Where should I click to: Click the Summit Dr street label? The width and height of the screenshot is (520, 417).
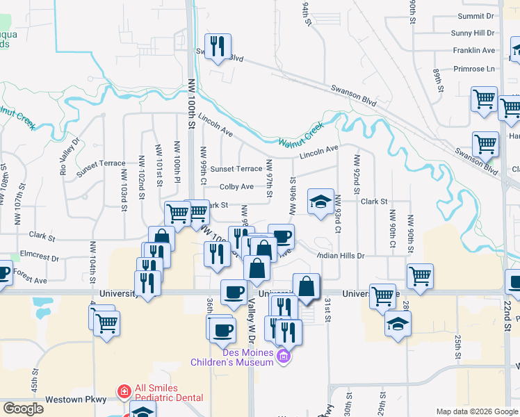tap(476, 15)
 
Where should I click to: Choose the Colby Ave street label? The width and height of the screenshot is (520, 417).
tap(236, 187)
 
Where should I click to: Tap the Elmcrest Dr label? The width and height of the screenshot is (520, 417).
tap(40, 256)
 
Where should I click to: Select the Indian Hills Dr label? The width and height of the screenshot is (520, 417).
tap(340, 256)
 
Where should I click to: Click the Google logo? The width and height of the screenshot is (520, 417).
tap(23, 409)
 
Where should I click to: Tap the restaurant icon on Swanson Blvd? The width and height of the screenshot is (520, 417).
tap(218, 47)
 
